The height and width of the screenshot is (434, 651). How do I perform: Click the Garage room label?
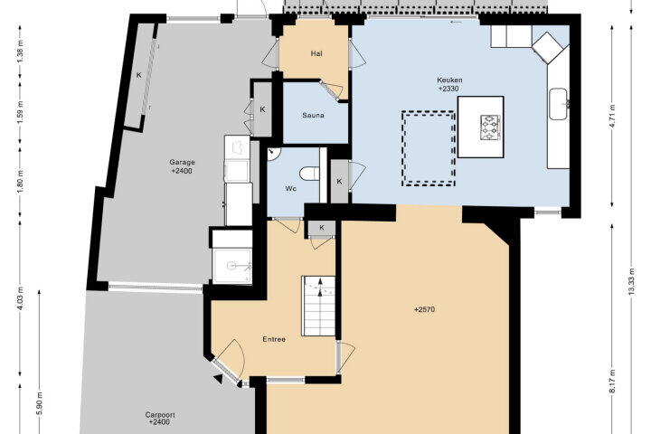182,163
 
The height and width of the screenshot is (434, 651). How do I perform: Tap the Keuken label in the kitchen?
449,80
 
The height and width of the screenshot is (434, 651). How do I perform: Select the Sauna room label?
313,116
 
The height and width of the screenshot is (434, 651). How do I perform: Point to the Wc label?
290,189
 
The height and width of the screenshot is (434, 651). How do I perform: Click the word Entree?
274,339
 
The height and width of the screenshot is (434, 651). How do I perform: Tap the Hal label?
316,53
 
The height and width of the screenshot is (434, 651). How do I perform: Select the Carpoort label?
160,415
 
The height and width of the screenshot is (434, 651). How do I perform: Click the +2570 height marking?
424,309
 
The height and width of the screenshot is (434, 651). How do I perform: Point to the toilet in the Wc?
309,174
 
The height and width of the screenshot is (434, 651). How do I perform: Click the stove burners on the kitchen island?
490,127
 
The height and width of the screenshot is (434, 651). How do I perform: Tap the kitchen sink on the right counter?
559,104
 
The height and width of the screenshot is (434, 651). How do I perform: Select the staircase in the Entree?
318,306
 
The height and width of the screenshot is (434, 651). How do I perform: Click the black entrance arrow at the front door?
218,378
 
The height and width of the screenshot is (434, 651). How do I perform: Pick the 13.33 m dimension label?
632,281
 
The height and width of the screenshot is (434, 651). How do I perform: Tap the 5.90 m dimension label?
40,403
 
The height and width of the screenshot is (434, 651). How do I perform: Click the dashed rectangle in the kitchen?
429,148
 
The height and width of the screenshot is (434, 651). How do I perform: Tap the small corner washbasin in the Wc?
273,153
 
